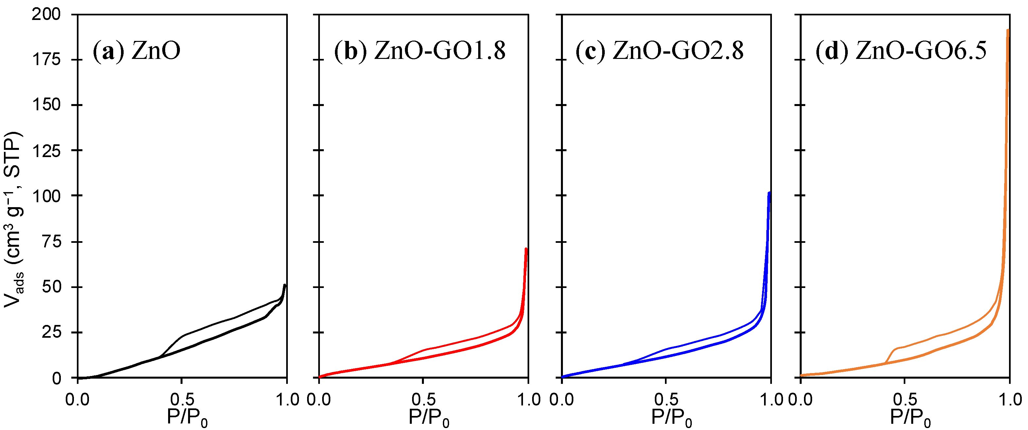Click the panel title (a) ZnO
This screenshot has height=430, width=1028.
click(136, 51)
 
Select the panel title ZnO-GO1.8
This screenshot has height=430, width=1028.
click(420, 51)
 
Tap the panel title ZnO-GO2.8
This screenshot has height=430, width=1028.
click(659, 51)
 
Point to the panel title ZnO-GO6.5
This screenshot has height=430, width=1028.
click(901, 51)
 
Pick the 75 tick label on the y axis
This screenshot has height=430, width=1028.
click(51, 242)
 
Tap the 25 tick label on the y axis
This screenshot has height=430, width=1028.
click(51, 332)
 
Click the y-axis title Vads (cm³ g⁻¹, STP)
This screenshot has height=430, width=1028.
click(14, 220)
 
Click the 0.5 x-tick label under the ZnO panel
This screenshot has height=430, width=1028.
click(182, 400)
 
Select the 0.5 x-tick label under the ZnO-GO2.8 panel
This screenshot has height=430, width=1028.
click(666, 400)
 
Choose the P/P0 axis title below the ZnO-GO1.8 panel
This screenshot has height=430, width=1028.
click(428, 418)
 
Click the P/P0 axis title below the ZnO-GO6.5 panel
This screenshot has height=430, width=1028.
click(910, 418)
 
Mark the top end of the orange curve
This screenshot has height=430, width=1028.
click(1008, 30)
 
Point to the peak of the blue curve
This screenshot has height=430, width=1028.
click(769, 193)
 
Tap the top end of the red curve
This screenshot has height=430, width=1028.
click(526, 249)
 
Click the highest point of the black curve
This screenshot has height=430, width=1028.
click(285, 285)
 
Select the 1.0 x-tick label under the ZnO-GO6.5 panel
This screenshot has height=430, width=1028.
click(1010, 400)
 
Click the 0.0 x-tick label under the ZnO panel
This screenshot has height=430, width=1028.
click(78, 400)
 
